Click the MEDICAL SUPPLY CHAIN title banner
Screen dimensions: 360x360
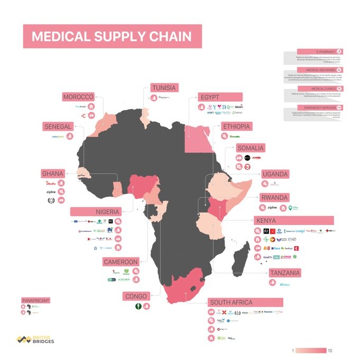click(x=112, y=37)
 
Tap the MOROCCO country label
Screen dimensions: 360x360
click(x=78, y=97)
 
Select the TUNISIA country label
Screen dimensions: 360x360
click(x=164, y=87)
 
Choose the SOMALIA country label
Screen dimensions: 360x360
click(x=250, y=148)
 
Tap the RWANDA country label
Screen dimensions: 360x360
click(x=275, y=197)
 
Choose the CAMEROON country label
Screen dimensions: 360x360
click(x=121, y=262)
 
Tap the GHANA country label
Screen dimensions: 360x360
click(x=53, y=174)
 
